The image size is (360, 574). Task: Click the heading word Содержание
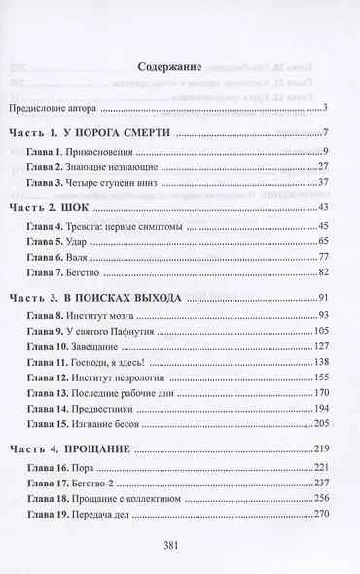(x=171, y=69)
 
